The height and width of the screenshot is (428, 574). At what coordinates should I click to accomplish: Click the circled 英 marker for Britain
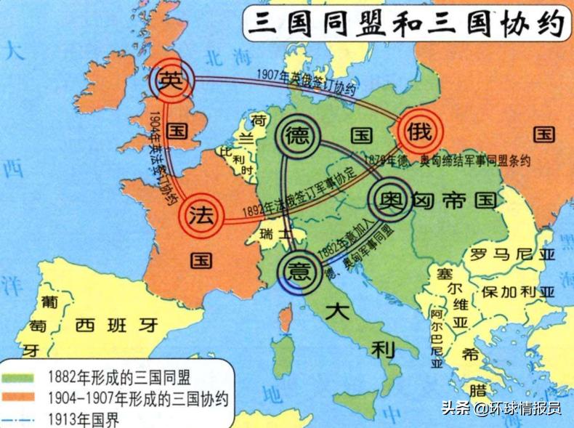(x=172, y=81)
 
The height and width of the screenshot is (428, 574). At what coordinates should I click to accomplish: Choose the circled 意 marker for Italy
(x=299, y=271)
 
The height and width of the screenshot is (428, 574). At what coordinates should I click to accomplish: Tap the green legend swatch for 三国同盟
(x=22, y=378)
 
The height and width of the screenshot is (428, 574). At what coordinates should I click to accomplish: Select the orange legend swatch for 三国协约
(x=22, y=398)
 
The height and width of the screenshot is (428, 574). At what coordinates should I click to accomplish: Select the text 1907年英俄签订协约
(x=306, y=82)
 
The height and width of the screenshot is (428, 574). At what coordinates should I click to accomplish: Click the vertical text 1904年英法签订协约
(x=163, y=156)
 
